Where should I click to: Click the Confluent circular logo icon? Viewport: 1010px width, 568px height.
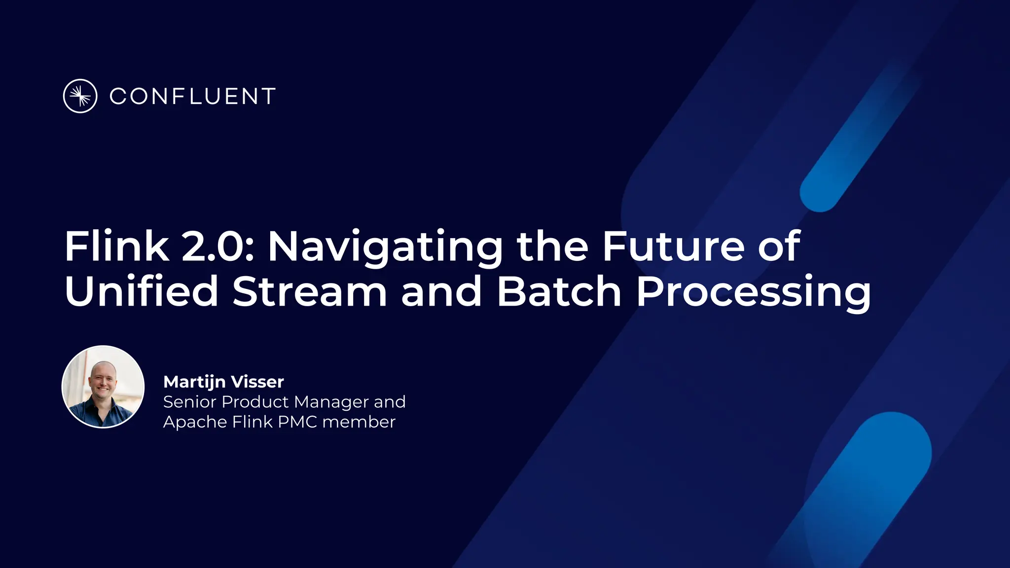click(80, 96)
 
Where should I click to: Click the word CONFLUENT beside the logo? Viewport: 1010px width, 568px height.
click(192, 97)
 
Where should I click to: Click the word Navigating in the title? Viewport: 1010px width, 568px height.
click(385, 247)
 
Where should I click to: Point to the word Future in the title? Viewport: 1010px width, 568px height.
click(673, 246)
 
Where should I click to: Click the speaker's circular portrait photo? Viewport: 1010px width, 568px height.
click(103, 387)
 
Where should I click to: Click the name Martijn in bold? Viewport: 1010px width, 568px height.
click(194, 382)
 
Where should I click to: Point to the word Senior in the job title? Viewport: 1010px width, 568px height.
click(190, 402)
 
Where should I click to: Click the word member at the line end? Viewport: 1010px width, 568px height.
click(359, 422)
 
